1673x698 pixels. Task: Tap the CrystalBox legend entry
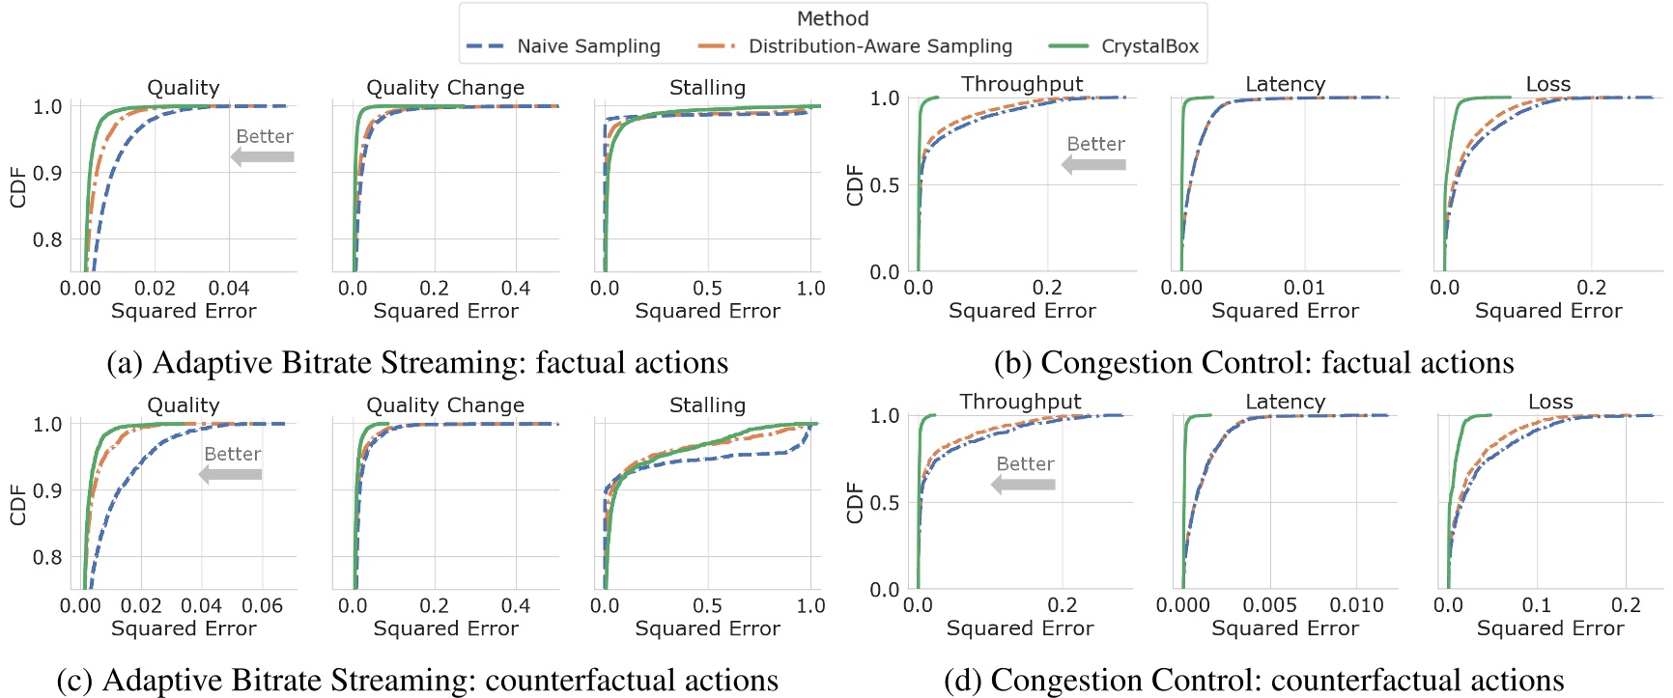1124,46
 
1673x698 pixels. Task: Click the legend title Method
833,18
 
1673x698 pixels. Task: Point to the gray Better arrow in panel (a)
263,156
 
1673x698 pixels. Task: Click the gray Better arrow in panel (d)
1024,484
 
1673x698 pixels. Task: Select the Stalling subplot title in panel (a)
707,88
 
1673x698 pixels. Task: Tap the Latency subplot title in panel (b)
1285,84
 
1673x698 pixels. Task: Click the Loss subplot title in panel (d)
1550,402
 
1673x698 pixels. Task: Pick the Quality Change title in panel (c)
445,405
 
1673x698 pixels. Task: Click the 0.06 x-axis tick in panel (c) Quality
262,605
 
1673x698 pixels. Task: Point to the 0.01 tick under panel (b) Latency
1304,288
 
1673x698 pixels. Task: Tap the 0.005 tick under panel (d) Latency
1269,605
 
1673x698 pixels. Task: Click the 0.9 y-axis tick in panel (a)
47,173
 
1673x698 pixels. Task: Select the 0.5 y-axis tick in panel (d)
885,502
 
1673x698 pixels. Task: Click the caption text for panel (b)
1254,362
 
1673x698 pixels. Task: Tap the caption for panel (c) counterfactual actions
417,680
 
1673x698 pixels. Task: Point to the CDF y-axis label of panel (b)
854,184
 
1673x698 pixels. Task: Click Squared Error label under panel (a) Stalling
707,311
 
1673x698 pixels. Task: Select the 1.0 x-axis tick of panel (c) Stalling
810,605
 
